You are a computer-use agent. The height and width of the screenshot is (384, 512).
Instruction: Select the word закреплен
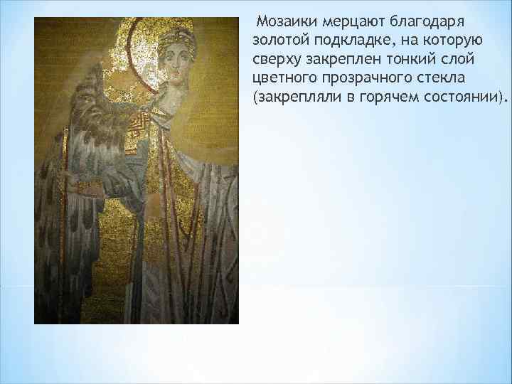point(342,57)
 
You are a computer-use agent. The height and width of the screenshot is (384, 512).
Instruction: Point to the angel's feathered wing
point(85,164)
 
